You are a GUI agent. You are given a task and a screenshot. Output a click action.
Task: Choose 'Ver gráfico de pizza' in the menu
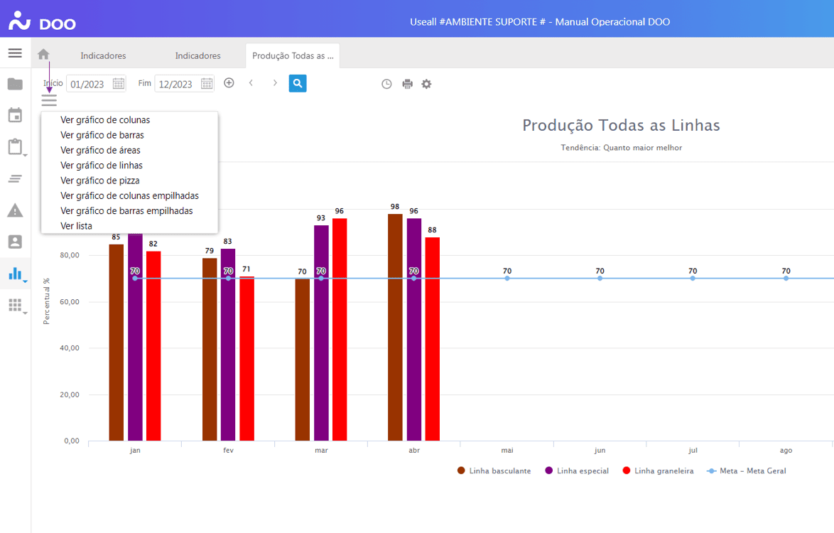[x=100, y=181]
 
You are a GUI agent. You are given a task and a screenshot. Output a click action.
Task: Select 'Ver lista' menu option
[x=77, y=226]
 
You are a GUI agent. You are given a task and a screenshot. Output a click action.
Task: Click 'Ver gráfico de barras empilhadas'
[x=126, y=211]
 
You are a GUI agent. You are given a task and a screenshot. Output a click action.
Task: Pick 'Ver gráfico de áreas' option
[x=100, y=151]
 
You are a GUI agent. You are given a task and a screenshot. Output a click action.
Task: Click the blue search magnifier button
[x=298, y=84]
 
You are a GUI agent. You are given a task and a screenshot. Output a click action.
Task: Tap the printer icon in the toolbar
[x=407, y=84]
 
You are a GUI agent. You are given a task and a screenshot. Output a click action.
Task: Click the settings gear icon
[x=426, y=84]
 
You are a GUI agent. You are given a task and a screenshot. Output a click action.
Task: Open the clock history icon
[x=386, y=84]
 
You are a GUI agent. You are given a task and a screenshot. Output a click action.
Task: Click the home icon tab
[x=43, y=55]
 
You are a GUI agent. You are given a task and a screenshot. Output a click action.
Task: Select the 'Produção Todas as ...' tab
[x=293, y=55]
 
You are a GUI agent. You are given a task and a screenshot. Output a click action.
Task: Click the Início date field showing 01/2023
[x=88, y=84]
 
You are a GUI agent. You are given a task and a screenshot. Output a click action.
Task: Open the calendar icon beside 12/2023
[x=207, y=84]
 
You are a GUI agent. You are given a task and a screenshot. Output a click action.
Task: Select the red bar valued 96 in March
[x=340, y=329]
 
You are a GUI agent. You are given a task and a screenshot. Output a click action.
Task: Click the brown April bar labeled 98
[x=395, y=327]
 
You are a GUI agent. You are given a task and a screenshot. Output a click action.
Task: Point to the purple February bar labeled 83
[x=228, y=345]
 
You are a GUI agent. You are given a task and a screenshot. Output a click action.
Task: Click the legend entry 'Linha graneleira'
[x=664, y=470]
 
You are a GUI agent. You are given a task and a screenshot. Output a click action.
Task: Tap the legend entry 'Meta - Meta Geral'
[x=752, y=470]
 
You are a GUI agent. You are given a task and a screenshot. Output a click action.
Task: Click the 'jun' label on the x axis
[x=600, y=451]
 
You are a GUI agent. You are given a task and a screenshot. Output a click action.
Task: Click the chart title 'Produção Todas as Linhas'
[x=621, y=126]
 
